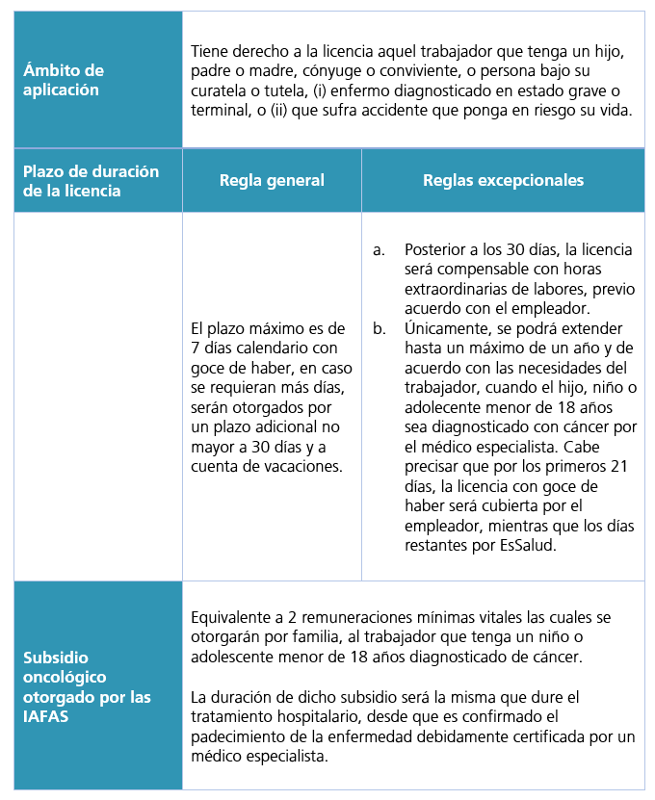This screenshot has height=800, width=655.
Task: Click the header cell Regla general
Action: pyautogui.click(x=272, y=180)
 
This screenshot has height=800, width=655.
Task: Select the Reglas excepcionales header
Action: pyautogui.click(x=503, y=180)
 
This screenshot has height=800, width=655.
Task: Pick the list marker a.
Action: pyautogui.click(x=378, y=249)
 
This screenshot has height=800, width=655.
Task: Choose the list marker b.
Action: pyautogui.click(x=378, y=329)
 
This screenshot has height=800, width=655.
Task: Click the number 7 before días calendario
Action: pyautogui.click(x=196, y=348)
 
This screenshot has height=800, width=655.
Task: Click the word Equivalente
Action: pyautogui.click(x=236, y=617)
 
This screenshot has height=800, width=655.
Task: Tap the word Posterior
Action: pyautogui.click(x=437, y=249)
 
